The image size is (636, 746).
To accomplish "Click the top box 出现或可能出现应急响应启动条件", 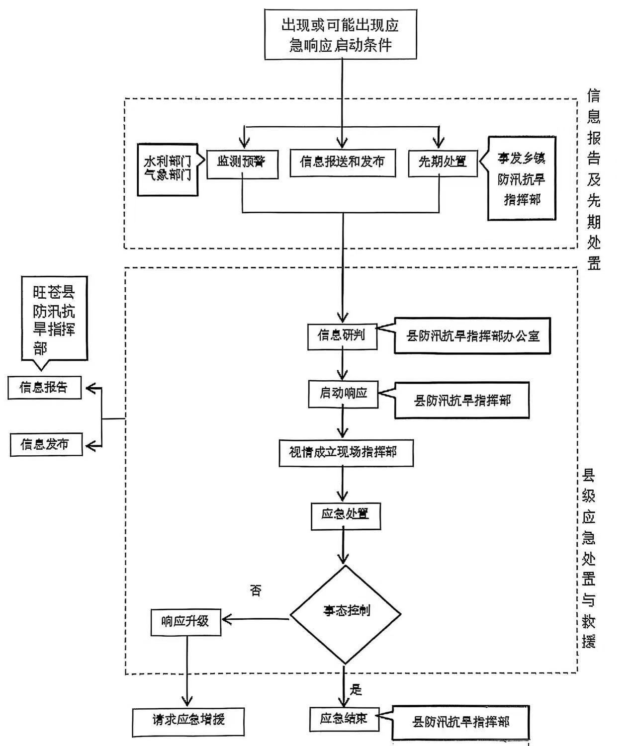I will [x=341, y=34].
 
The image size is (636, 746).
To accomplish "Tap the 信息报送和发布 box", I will [x=343, y=163].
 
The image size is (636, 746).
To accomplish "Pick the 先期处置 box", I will [x=443, y=163].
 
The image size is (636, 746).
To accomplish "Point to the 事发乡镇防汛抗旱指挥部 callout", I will [x=522, y=178].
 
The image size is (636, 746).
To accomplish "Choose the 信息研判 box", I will [x=342, y=336].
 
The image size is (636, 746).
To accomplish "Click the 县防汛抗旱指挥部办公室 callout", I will [x=472, y=336].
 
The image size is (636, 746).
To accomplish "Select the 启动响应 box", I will [x=343, y=394].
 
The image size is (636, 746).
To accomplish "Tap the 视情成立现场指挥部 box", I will [x=346, y=453].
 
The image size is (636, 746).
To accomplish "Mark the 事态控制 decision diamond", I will [x=346, y=612].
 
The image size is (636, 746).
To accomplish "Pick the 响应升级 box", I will [x=185, y=622].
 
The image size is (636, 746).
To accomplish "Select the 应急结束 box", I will [x=344, y=719].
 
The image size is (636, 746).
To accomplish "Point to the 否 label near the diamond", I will [x=256, y=591].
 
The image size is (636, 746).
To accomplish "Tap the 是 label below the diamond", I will [x=356, y=690].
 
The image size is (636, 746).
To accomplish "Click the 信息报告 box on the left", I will [x=44, y=388].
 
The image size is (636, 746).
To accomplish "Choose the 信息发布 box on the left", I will [x=46, y=444].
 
